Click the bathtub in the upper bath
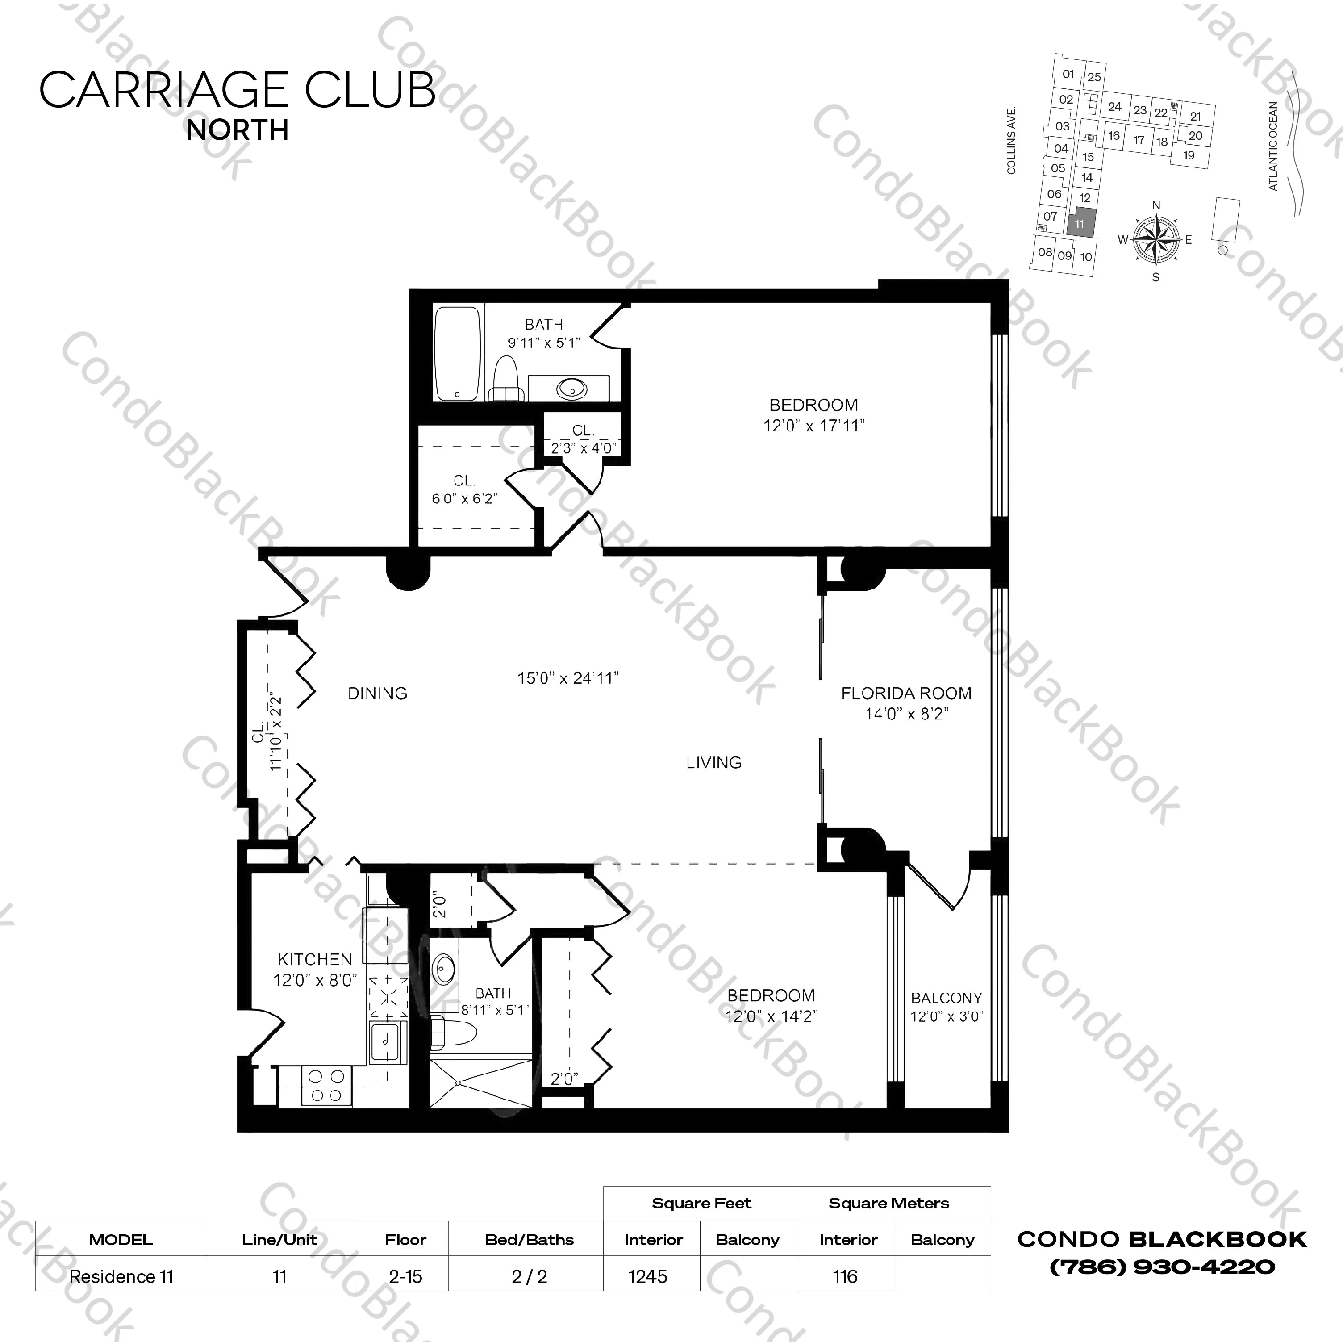457,354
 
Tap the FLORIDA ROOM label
906,693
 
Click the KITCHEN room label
315,960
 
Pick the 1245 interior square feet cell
648,1277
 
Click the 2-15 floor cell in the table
405,1277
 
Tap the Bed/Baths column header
529,1240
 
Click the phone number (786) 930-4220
1162,1267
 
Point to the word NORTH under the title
237,130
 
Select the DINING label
377,693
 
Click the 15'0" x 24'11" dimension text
568,678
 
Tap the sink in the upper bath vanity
571,388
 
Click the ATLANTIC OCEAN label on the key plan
1273,146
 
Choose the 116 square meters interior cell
845,1277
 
